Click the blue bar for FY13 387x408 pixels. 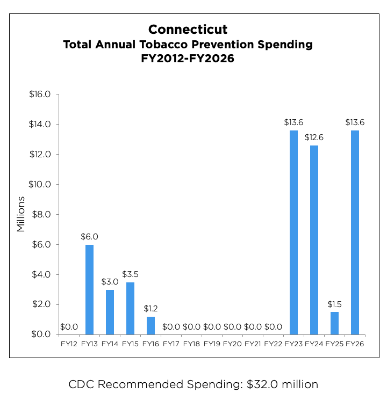(x=89, y=289)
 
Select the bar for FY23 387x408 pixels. (x=293, y=232)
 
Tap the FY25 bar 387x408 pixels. (x=334, y=323)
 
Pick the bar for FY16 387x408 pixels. (x=150, y=325)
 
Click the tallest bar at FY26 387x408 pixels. (x=355, y=232)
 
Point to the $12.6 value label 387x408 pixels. (x=314, y=137)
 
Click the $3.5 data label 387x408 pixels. (x=130, y=274)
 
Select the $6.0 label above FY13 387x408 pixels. (x=89, y=236)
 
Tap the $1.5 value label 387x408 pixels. (x=334, y=304)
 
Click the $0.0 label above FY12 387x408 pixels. (x=69, y=326)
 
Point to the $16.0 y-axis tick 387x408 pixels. (x=40, y=94)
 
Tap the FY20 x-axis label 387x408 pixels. (x=232, y=344)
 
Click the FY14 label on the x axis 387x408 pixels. (x=110, y=344)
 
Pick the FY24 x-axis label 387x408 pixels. (x=314, y=344)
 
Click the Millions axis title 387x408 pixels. (x=21, y=214)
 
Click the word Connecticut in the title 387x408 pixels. (x=188, y=30)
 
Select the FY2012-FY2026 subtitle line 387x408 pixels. (x=188, y=59)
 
